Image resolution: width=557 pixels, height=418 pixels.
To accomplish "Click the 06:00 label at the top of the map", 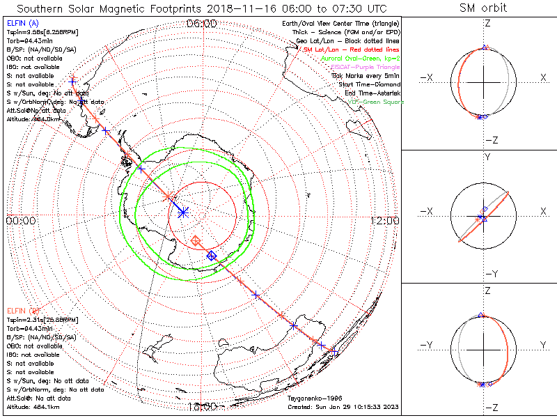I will pos(201,24).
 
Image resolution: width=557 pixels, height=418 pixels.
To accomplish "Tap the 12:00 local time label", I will pos(385,221).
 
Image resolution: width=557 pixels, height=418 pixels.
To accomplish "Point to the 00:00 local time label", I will pos(20,221).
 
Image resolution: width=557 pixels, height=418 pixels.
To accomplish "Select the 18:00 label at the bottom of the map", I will pos(201,406).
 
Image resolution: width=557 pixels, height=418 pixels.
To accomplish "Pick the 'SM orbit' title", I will pos(483,8).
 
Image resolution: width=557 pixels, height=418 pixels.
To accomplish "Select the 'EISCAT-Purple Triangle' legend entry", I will pos(366,67).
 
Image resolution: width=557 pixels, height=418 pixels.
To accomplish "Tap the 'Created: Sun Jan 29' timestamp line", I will pos(343,407).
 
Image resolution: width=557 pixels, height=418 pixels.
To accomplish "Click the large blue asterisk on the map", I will pos(182,211).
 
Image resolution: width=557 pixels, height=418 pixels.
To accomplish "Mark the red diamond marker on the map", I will pos(196,240).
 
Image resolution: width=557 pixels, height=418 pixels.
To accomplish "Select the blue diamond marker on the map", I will pos(212,256).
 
